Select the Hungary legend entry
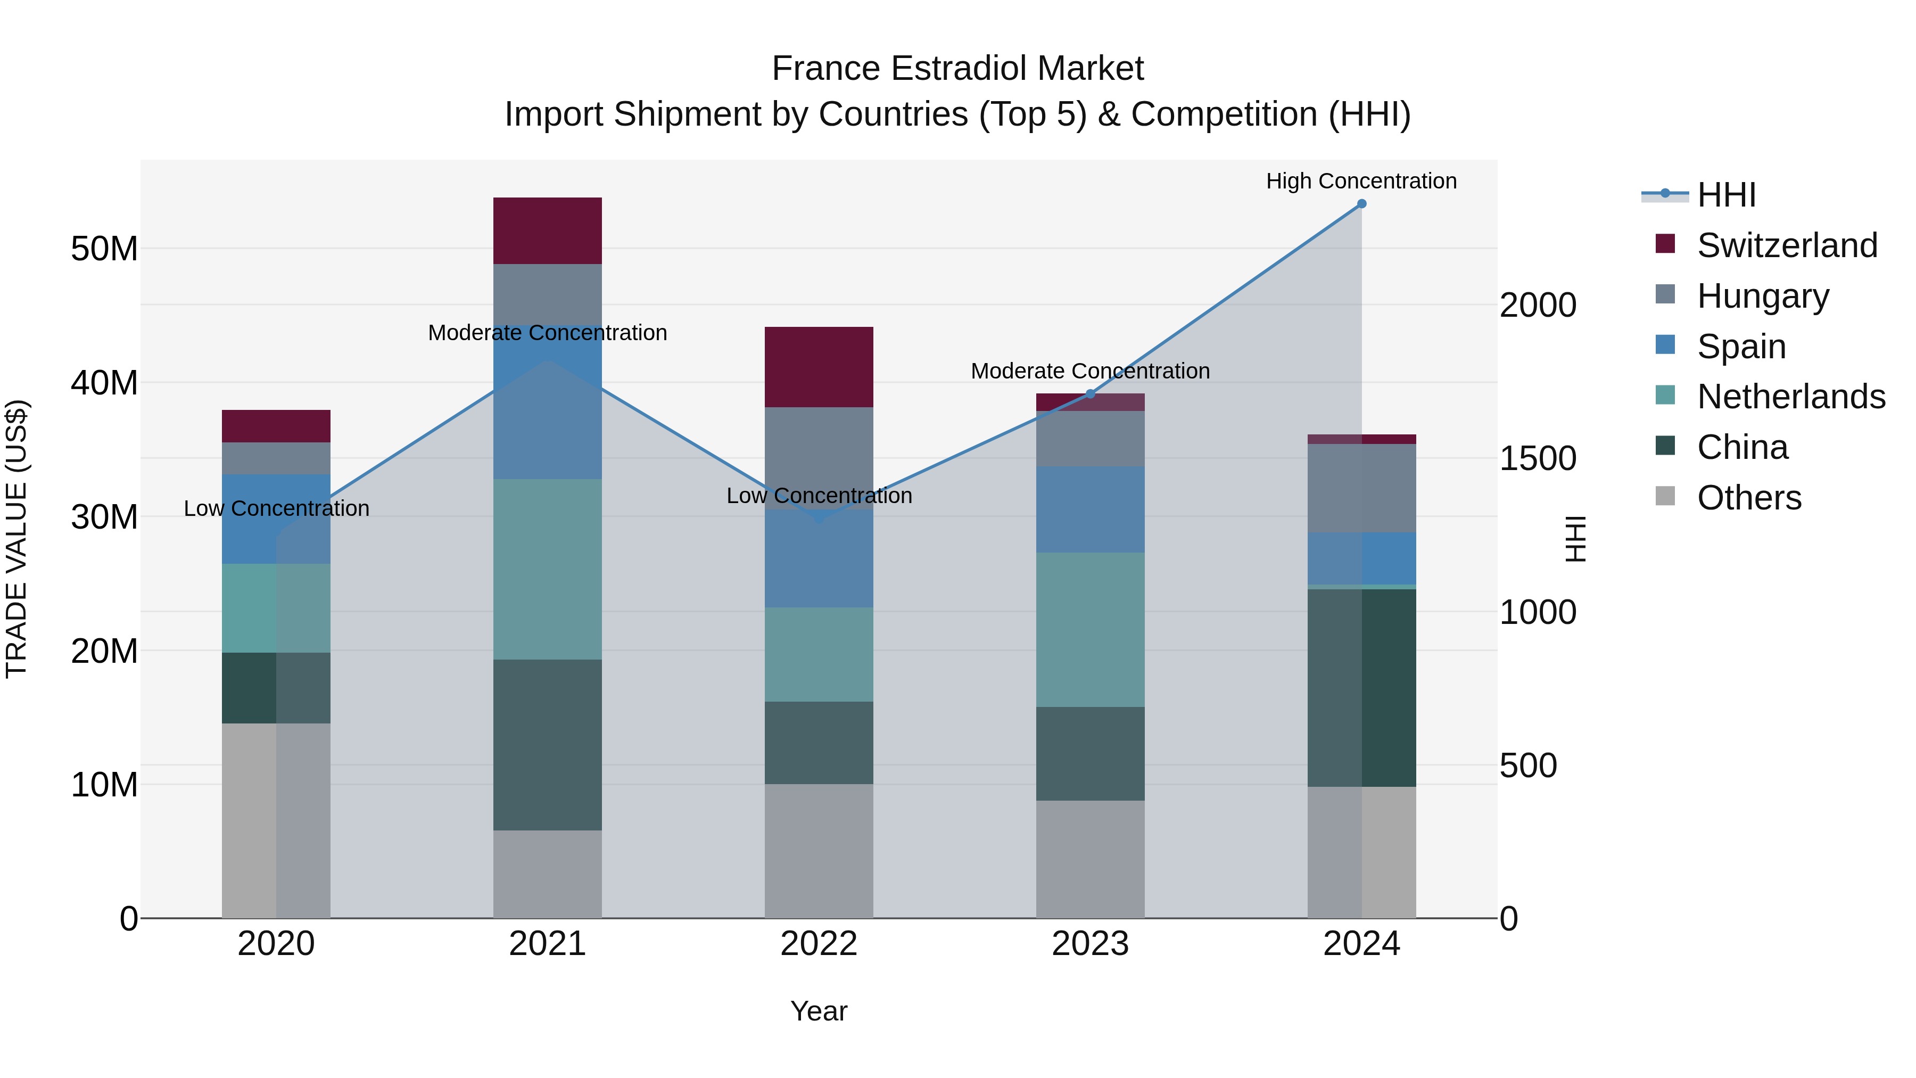coord(1762,296)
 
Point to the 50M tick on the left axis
coord(104,249)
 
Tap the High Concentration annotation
coord(1360,181)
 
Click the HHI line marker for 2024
coord(1361,204)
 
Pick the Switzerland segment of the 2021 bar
coord(548,231)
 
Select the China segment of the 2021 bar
coord(548,744)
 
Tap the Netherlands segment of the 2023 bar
coord(1091,629)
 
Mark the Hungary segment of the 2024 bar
coord(1361,488)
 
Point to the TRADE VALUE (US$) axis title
coord(16,539)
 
